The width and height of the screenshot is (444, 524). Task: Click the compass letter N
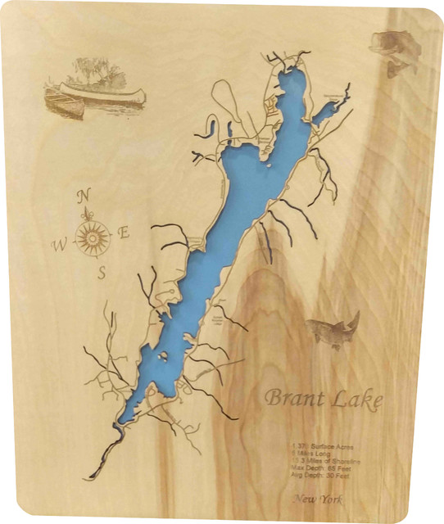84,196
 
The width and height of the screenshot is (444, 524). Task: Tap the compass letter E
125,233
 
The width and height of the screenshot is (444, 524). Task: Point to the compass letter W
59,245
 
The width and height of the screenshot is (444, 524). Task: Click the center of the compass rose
93,238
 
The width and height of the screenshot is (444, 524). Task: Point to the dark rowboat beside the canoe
63,102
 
